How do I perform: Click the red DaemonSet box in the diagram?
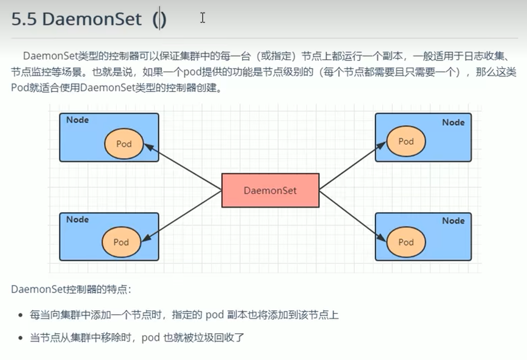270,190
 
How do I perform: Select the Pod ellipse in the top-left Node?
124,144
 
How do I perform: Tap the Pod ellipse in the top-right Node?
406,141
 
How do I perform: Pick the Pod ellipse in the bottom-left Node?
121,242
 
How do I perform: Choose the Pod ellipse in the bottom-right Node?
406,242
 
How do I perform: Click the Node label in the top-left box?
77,120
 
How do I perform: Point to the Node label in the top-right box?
453,122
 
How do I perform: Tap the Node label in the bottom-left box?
77,219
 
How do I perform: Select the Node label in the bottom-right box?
453,221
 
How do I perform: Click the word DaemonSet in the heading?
92,19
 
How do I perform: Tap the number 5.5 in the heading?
24,19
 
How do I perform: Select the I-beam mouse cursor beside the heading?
202,18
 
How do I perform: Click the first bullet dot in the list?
21,315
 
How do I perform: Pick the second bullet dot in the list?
21,338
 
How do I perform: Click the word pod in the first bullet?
215,315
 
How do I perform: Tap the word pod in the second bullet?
150,337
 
